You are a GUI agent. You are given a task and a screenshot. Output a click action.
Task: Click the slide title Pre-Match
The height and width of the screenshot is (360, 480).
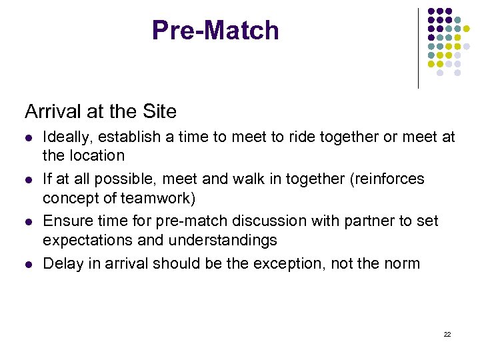coord(215,31)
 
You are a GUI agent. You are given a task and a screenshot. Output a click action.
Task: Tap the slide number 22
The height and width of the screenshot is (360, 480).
coord(447,334)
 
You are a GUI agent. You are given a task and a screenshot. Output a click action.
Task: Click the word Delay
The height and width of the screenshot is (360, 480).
coord(60,263)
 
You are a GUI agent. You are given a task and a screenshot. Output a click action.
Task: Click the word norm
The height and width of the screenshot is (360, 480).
coord(403,263)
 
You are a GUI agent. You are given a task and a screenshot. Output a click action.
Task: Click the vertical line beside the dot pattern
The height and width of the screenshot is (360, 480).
coord(419,48)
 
